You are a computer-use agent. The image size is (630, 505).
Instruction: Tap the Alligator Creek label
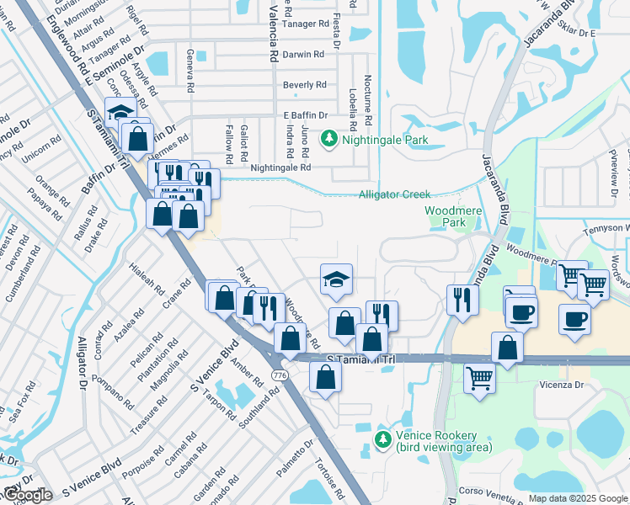coord(394,194)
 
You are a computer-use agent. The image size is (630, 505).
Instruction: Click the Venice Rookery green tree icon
coord(383,440)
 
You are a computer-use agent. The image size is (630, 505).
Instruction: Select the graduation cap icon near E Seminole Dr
coord(120,113)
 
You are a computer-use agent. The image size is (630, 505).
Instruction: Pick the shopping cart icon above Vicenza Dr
coord(479,378)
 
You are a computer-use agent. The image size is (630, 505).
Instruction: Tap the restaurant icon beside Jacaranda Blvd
coord(462,300)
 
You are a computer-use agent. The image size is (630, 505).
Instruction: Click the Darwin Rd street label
coord(303,54)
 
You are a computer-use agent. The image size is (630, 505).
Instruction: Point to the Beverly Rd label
coord(304,85)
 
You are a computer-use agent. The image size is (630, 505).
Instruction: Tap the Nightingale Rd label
coord(281,167)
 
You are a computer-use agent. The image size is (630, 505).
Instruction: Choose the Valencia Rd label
coord(273,34)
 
